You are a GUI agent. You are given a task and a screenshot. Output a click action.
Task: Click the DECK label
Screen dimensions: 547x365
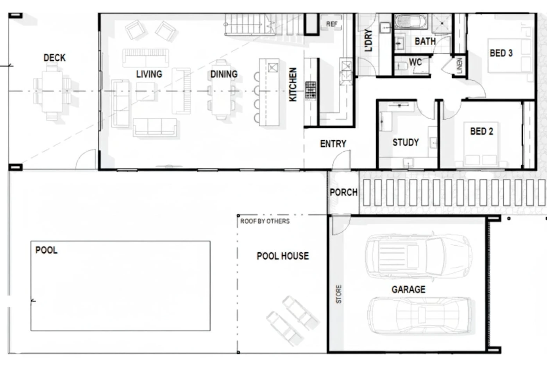click(x=54, y=58)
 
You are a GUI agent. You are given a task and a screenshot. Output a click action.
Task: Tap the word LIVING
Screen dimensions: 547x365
click(x=149, y=74)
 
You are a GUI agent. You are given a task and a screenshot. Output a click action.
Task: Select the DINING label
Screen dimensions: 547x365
click(x=224, y=74)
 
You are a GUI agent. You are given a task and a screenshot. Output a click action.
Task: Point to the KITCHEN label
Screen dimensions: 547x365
click(x=293, y=85)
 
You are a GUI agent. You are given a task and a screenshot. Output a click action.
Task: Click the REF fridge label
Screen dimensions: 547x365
click(x=332, y=24)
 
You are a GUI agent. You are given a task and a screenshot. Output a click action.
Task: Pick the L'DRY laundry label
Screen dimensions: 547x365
click(x=368, y=40)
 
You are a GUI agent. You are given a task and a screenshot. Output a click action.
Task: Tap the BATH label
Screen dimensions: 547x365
click(x=425, y=41)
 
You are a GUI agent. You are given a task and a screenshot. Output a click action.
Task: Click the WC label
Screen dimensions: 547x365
click(x=415, y=62)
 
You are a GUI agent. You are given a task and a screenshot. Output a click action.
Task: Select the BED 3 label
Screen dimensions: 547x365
click(x=501, y=53)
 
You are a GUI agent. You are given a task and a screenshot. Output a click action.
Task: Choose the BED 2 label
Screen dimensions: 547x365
click(x=481, y=131)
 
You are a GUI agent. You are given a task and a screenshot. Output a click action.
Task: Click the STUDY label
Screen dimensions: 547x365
click(x=406, y=142)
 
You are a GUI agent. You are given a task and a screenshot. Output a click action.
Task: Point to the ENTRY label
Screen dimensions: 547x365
click(x=333, y=144)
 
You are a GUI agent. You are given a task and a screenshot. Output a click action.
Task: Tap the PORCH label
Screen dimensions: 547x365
click(x=343, y=192)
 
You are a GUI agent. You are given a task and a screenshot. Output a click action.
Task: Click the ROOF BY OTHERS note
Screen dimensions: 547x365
click(x=265, y=221)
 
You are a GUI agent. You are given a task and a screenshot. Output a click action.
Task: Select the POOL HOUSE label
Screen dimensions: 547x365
click(x=283, y=256)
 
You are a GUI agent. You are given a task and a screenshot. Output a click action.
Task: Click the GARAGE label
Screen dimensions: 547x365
click(x=409, y=289)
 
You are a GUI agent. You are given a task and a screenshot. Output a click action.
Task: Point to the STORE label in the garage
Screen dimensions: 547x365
click(x=339, y=294)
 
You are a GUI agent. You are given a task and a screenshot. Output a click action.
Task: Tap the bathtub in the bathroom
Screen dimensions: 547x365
click(x=411, y=22)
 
